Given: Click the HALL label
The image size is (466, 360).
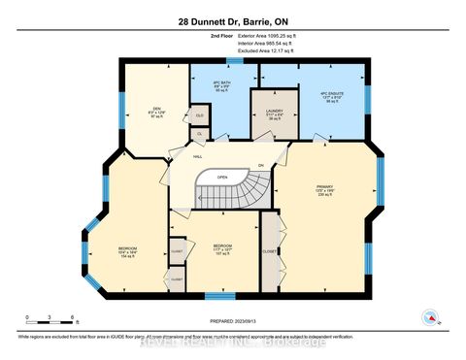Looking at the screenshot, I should coord(197,155).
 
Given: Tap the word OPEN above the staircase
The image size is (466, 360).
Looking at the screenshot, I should coord(223,178).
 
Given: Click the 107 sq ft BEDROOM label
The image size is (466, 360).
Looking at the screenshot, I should coord(222,248).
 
